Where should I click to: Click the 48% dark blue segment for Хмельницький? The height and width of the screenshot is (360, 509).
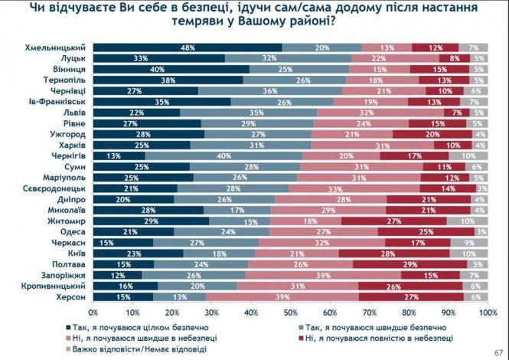click(187, 47)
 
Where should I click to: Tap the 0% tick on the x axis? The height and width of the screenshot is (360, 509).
click(93, 313)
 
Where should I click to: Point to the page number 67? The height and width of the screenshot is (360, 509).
click(499, 353)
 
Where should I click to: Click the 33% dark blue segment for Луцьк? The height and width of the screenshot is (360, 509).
click(158, 58)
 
